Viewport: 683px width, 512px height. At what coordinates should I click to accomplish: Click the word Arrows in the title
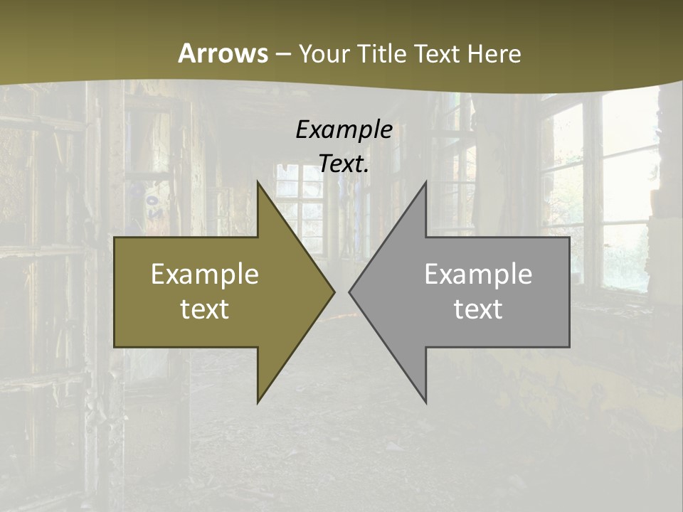[223, 53]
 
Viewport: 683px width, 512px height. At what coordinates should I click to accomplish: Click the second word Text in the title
[438, 53]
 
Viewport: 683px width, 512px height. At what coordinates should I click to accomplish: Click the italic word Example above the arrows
[344, 129]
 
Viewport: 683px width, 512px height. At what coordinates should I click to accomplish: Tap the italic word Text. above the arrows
[344, 164]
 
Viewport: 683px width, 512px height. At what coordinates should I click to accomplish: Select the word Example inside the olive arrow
[205, 274]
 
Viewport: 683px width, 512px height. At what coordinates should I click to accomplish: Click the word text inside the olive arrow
[205, 309]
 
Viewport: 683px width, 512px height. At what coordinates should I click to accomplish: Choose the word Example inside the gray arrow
[478, 274]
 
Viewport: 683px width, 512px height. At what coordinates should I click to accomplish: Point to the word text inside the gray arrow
[478, 309]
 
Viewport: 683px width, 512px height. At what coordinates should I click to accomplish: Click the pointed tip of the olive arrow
[334, 292]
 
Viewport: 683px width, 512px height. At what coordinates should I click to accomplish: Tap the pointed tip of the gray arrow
[350, 292]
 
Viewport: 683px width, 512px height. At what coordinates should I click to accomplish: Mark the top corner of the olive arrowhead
[258, 182]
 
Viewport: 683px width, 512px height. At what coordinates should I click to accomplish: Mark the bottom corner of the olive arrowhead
[258, 402]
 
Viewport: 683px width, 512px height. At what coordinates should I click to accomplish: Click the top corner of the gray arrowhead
[425, 182]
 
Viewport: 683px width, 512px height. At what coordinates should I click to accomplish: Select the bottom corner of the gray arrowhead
[425, 402]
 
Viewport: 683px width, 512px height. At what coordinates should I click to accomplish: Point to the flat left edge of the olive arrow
[115, 292]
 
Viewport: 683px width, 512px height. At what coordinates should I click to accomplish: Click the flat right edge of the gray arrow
[569, 292]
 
